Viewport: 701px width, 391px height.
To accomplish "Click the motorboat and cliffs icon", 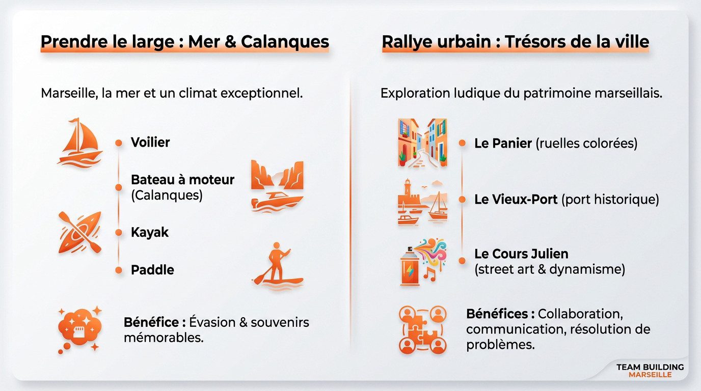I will coord(277,186).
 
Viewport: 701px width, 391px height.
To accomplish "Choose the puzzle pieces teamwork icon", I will coord(422,329).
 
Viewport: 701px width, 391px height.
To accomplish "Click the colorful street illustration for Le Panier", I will coord(422,142).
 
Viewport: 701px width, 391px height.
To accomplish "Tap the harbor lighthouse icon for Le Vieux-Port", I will coord(422,202).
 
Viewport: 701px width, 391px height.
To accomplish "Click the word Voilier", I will coord(150,143).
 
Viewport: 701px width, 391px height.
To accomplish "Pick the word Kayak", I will coord(150,233).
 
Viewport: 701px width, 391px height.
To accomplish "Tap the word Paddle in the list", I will coord(152,270).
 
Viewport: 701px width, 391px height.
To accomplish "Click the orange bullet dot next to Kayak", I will coord(119,233).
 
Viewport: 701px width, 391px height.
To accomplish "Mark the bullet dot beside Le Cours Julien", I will coord(462,261).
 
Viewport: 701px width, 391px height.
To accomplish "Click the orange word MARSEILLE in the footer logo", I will coord(650,375).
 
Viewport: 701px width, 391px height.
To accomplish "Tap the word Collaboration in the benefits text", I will coord(580,314).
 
